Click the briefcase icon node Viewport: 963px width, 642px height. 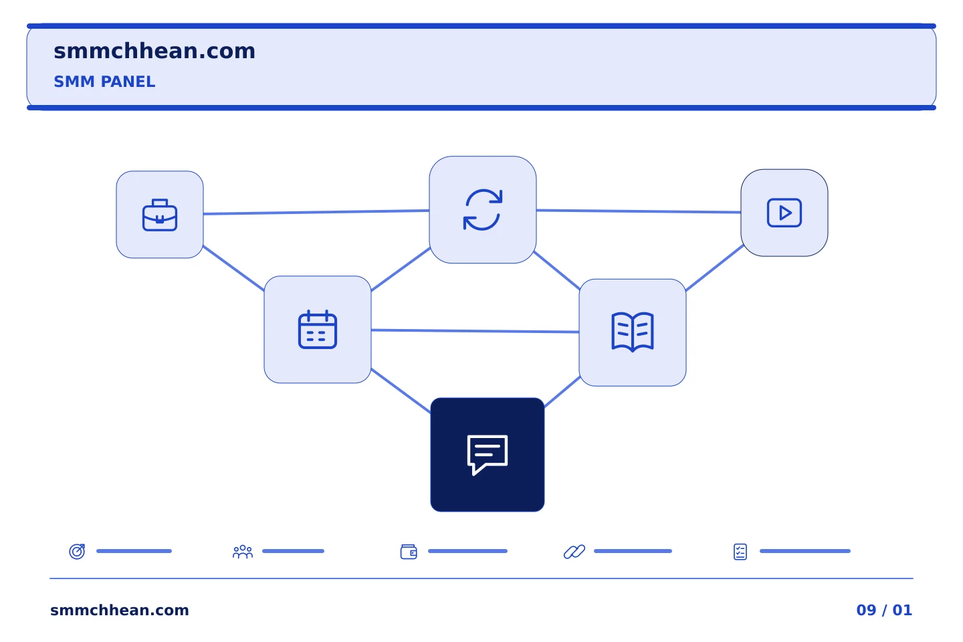point(159,215)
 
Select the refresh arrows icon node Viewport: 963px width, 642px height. point(483,210)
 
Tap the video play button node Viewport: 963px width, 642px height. point(784,213)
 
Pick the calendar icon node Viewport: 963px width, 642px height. point(318,330)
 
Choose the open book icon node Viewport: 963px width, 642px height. point(633,332)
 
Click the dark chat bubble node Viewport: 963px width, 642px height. point(488,455)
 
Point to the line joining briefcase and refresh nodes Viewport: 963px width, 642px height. point(316,212)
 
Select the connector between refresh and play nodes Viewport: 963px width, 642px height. point(639,211)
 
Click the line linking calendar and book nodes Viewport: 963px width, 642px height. point(475,331)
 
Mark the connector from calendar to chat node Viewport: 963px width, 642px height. point(401,391)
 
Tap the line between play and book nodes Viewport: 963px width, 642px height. point(714,268)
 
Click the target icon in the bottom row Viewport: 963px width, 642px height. point(78,551)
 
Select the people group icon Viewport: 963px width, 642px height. point(243,552)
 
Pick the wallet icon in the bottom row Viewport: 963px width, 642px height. point(409,552)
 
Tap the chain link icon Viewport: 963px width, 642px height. point(574,552)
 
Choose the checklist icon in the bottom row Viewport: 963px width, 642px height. point(740,552)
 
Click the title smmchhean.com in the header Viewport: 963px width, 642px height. point(154,51)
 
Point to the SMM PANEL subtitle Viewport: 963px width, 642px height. point(104,82)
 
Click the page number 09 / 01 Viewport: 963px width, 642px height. point(884,610)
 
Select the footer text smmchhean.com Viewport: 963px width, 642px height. point(120,610)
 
